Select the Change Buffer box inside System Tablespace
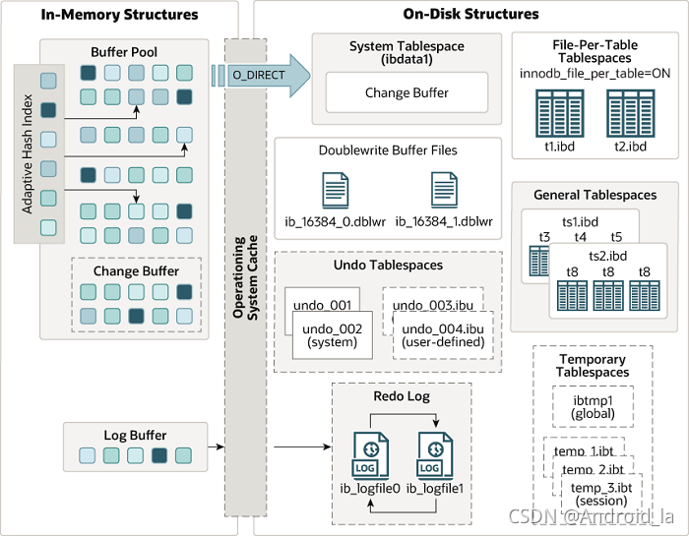(x=407, y=93)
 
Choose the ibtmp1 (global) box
(x=593, y=406)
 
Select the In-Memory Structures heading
(x=121, y=15)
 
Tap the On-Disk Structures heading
(x=471, y=15)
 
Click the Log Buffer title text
(x=135, y=436)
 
